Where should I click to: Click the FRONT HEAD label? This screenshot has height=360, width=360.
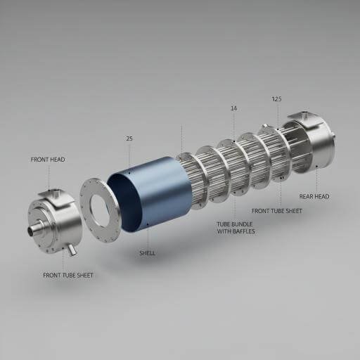[48, 160]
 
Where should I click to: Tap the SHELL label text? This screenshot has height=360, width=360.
[147, 253]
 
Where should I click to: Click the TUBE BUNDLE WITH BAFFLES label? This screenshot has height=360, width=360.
[236, 227]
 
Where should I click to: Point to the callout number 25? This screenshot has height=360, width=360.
[129, 139]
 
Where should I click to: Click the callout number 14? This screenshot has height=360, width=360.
[233, 108]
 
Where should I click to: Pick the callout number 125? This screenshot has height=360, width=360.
[276, 99]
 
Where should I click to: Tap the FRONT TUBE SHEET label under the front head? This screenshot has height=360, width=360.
[67, 275]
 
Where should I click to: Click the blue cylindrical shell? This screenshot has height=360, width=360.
[158, 193]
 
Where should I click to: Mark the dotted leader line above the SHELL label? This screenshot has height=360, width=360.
[148, 236]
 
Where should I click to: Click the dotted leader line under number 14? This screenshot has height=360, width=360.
[233, 127]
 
